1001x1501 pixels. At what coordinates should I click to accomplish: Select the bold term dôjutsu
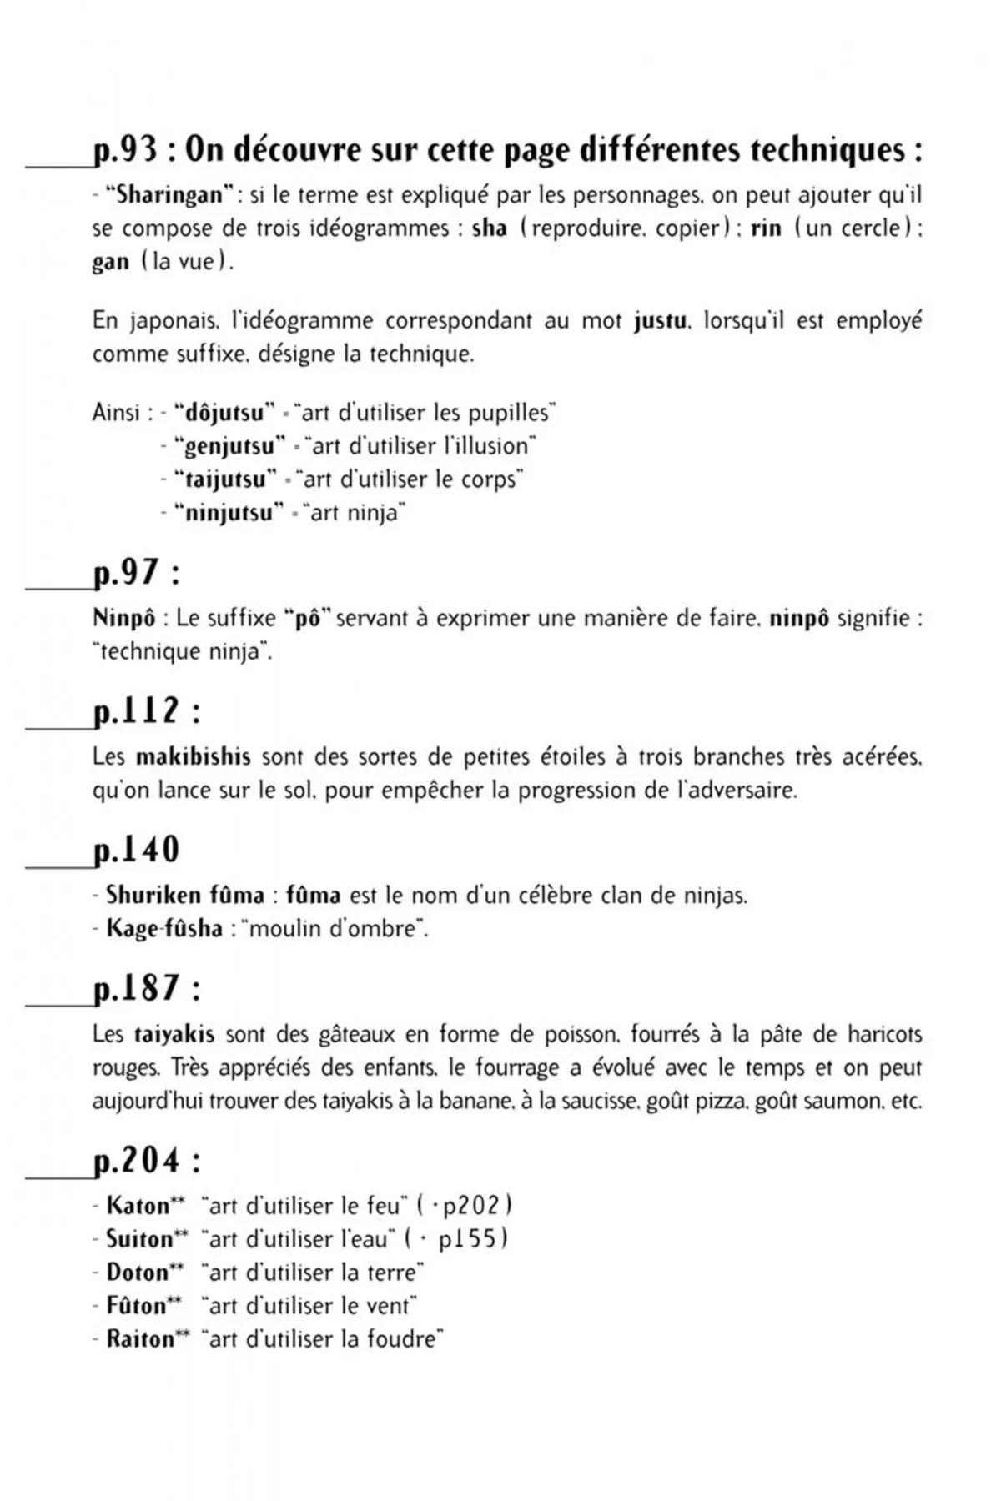click(x=224, y=413)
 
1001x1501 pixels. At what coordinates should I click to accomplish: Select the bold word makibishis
click(x=193, y=757)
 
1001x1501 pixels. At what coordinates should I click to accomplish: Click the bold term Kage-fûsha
click(x=163, y=928)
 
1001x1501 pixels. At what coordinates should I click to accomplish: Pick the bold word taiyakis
click(x=174, y=1035)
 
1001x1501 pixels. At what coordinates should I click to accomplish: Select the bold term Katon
click(x=138, y=1206)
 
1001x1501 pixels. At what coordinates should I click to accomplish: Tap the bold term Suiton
click(x=139, y=1239)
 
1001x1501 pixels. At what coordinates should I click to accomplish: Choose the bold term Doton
click(x=138, y=1273)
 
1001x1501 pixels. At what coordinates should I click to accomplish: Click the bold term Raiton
click(x=140, y=1339)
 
